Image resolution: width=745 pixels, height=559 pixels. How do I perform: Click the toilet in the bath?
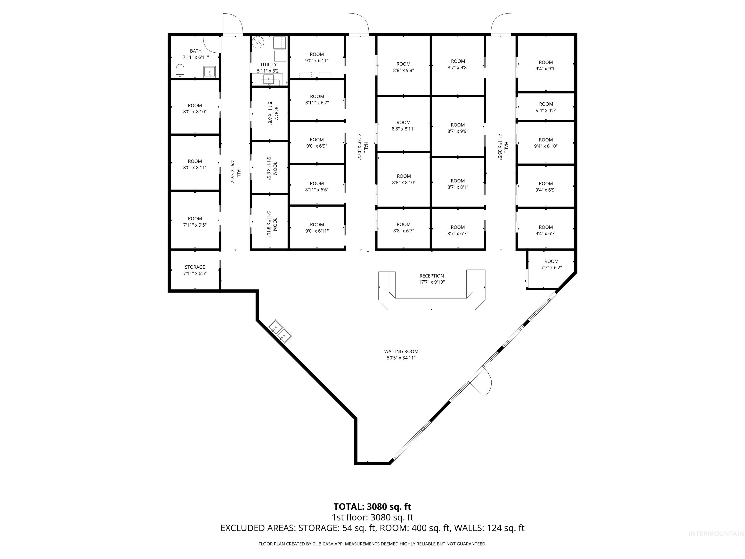coord(180,71)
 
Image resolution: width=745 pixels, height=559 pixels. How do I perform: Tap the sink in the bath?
coord(210,72)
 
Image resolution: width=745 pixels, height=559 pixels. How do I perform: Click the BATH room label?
coord(196,51)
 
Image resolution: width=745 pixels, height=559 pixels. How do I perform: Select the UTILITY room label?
coord(268,64)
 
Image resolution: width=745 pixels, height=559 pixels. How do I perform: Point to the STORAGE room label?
coord(195,267)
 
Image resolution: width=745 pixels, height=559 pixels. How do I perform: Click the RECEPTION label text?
coord(431,276)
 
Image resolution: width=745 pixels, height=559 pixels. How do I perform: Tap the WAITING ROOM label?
coord(401,352)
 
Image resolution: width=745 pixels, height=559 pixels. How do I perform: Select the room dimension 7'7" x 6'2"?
coord(551,268)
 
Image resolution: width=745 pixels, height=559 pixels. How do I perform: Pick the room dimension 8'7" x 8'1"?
coord(458,187)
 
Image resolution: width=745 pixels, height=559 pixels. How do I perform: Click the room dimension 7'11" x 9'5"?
coord(195,225)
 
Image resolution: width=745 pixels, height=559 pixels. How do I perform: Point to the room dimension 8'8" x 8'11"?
coord(404,129)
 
